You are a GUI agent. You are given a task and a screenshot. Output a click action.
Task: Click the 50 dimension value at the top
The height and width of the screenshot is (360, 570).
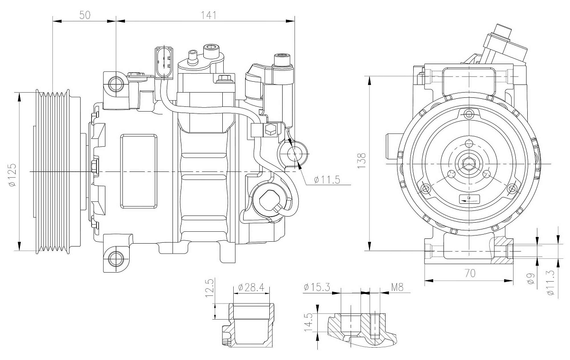coord(85,15)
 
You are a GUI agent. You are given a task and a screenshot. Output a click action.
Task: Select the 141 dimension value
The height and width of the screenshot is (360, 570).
coord(209,15)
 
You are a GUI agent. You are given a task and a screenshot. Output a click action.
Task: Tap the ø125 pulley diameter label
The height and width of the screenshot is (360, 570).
coord(11,175)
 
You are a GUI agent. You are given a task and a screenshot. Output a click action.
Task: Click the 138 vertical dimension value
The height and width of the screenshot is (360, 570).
coord(362,161)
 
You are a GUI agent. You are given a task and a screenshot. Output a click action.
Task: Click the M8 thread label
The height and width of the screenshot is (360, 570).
coord(397,287)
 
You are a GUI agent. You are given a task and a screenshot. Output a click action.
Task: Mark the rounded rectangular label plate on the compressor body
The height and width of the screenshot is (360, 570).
coord(138,171)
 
